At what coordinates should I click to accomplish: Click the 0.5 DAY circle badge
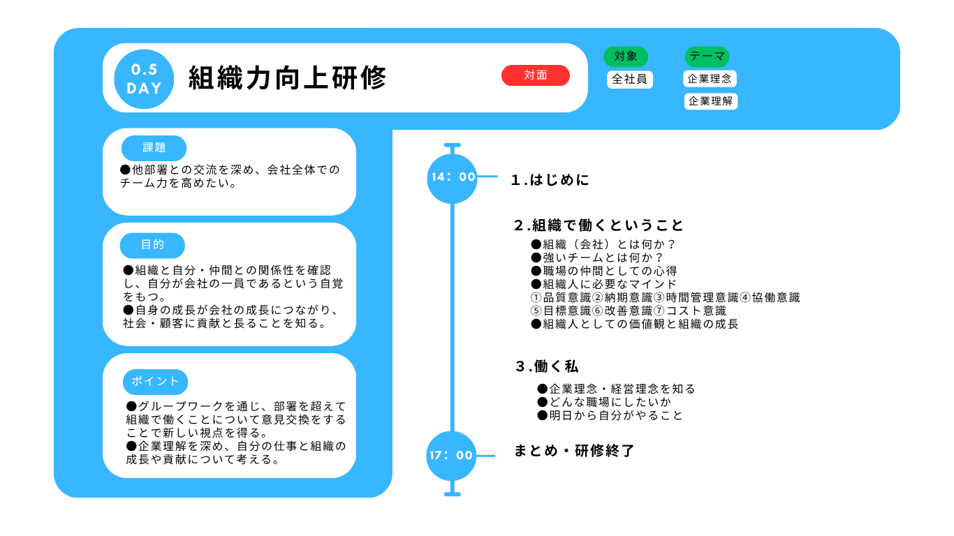144,79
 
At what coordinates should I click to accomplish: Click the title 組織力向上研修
288,78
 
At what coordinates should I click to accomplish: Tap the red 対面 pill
536,75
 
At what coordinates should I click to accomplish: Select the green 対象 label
626,57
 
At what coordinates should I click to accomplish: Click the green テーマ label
707,57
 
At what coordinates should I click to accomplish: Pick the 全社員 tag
630,79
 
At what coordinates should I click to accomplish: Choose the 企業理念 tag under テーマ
710,79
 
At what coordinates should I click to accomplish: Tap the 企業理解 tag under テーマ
711,101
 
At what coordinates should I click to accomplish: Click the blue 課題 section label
154,148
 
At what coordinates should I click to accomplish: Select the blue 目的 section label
152,245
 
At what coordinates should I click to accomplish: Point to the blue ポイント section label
156,382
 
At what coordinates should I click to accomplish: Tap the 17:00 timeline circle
451,456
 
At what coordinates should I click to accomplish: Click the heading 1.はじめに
550,180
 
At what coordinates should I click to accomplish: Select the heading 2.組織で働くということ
599,225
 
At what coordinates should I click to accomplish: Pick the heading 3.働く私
547,366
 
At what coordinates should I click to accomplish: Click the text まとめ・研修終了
575,450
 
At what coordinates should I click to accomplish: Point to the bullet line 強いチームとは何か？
597,258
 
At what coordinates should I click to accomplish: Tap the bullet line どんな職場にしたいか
604,402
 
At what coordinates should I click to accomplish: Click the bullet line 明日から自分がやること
610,415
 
